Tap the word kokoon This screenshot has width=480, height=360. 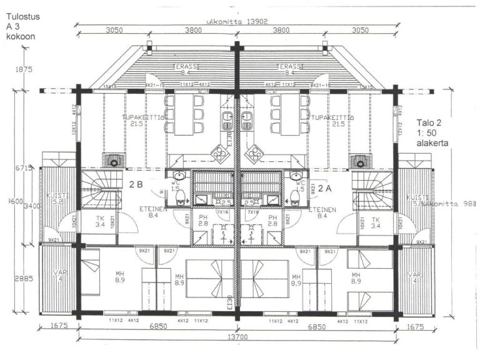21,36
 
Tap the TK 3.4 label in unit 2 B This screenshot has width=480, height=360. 100,222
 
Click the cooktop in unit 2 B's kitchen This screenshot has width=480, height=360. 219,152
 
